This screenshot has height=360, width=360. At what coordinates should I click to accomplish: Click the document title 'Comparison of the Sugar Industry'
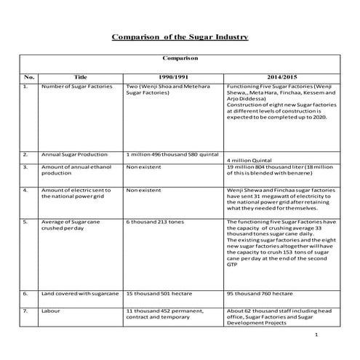(x=180, y=36)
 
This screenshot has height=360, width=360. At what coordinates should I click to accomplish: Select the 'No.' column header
(x=29, y=76)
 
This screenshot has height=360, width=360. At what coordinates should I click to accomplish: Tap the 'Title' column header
(x=81, y=76)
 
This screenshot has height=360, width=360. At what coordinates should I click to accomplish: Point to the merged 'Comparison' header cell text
(x=179, y=55)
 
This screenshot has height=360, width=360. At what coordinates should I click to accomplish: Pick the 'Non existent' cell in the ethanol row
(x=143, y=167)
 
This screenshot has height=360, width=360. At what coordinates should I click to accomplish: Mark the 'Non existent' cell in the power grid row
(x=143, y=190)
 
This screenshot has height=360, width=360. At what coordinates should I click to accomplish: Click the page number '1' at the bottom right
(x=317, y=335)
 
